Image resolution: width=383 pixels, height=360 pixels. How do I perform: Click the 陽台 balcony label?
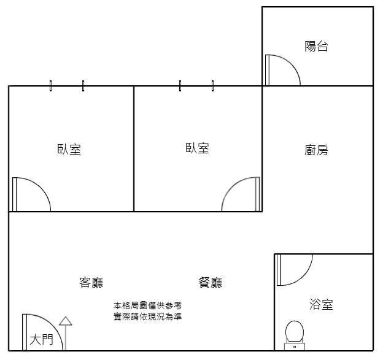coord(316,46)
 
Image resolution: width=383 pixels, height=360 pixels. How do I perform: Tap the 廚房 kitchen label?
coord(316,150)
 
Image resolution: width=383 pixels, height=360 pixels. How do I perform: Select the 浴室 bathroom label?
coord(321,304)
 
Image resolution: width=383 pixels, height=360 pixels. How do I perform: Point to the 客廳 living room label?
coord(91,282)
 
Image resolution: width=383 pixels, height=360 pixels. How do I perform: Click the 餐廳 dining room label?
coord(211,282)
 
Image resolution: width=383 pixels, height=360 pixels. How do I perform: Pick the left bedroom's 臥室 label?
coord(69,149)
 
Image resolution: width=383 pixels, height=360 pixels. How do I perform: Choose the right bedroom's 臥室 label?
coord(197,148)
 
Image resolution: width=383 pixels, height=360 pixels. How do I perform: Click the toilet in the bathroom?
coord(294,333)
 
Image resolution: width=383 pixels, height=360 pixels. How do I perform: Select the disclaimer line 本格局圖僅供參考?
coord(147,305)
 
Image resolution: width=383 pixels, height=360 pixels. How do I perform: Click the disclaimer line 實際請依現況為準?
coord(147,316)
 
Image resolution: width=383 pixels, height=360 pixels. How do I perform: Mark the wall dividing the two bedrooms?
coord(134,149)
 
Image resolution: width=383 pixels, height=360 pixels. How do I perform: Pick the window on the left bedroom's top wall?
coord(67,86)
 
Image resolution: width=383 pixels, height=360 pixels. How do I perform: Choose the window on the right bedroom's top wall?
coord(196,86)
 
